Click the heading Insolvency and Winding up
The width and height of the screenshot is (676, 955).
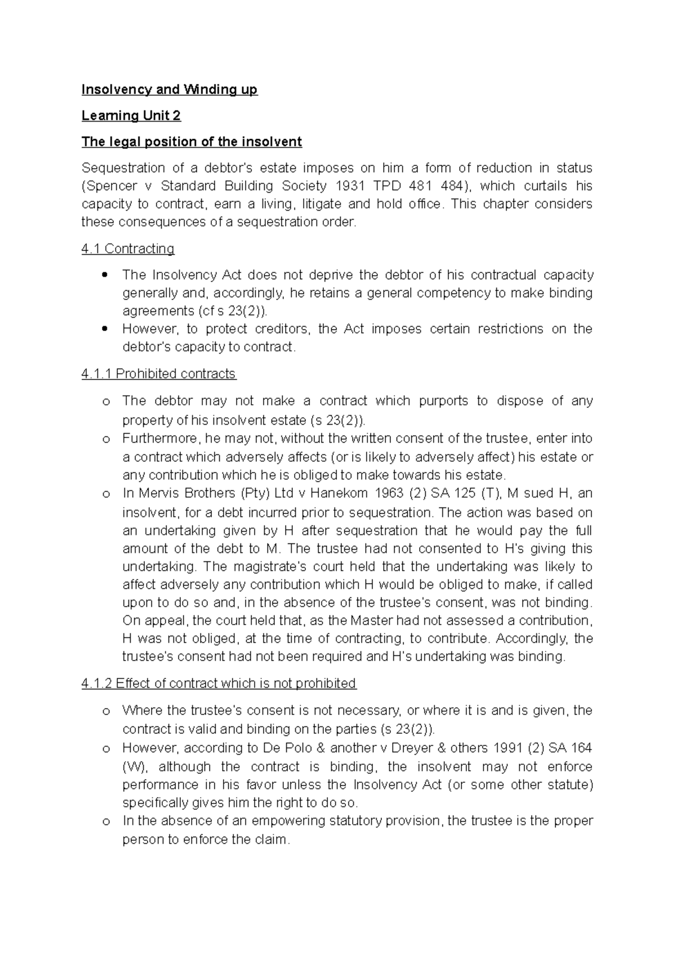pos(169,90)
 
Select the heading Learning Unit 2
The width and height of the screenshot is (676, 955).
pos(131,115)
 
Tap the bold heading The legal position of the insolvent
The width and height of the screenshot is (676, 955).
pos(192,141)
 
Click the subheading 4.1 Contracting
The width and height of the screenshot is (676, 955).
pos(128,248)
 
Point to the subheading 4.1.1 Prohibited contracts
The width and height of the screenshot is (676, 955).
pos(159,374)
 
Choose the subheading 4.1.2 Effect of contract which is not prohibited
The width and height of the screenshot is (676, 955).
pos(219,683)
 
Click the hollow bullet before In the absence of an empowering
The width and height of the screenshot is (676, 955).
pos(105,822)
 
